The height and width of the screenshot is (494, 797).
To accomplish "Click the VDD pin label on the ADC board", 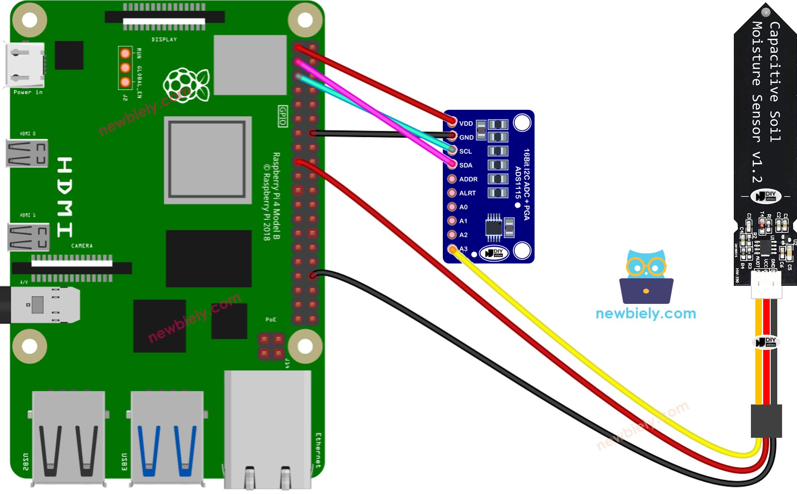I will point(466,123).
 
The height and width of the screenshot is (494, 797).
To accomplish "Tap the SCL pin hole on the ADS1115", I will point(452,151).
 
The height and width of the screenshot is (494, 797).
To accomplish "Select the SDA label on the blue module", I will point(466,165).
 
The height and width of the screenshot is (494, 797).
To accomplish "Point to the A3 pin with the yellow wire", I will point(452,249).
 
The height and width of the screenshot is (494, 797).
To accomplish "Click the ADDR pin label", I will point(468,179).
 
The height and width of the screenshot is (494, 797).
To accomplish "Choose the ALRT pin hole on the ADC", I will point(452,193).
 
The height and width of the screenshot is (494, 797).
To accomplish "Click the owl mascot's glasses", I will point(646,267).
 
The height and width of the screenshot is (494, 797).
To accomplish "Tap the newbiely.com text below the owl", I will point(646,314).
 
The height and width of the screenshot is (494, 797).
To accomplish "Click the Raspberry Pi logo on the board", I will point(186,85).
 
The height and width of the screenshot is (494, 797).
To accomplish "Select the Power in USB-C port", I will point(24,65).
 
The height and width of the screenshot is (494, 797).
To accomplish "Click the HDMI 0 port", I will point(26,153).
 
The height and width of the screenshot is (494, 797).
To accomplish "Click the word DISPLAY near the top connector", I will point(164,40).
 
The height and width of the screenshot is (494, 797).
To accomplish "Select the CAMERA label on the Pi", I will point(82,246).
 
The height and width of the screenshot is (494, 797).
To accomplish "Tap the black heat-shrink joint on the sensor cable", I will point(766,421).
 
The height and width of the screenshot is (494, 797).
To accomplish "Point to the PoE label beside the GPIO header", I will point(271,320).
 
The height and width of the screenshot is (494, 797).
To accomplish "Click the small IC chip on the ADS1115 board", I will point(494,227).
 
